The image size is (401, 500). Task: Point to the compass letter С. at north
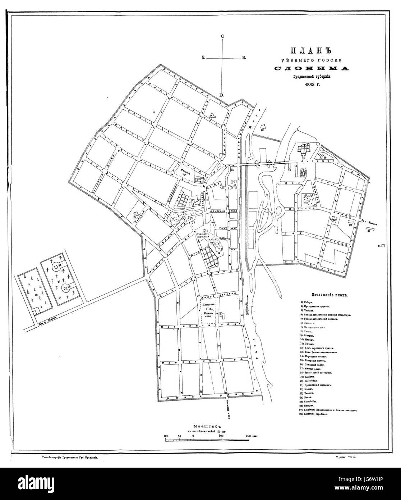click(223, 36)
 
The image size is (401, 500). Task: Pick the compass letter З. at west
click(204, 58)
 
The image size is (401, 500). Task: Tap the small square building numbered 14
click(383, 246)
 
